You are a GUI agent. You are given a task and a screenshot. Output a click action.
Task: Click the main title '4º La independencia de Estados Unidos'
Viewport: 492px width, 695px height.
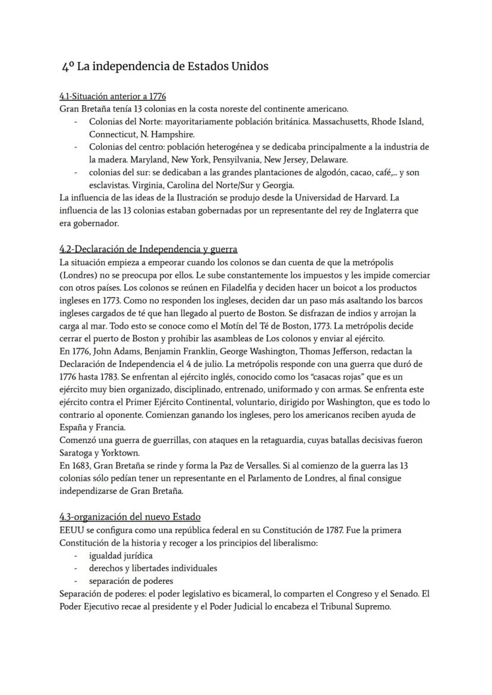[x=165, y=67]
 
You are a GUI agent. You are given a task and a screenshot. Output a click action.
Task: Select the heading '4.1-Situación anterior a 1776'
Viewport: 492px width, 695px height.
[x=112, y=96]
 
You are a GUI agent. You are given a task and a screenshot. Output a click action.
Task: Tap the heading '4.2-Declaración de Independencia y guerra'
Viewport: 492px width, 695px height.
[x=148, y=249]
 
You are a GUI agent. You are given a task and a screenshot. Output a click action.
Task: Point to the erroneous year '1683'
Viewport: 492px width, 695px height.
[x=82, y=466]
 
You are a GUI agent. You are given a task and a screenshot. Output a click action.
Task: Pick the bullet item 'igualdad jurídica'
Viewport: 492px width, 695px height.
[x=121, y=555]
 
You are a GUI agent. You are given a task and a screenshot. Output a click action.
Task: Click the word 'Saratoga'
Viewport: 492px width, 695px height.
[x=78, y=452]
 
